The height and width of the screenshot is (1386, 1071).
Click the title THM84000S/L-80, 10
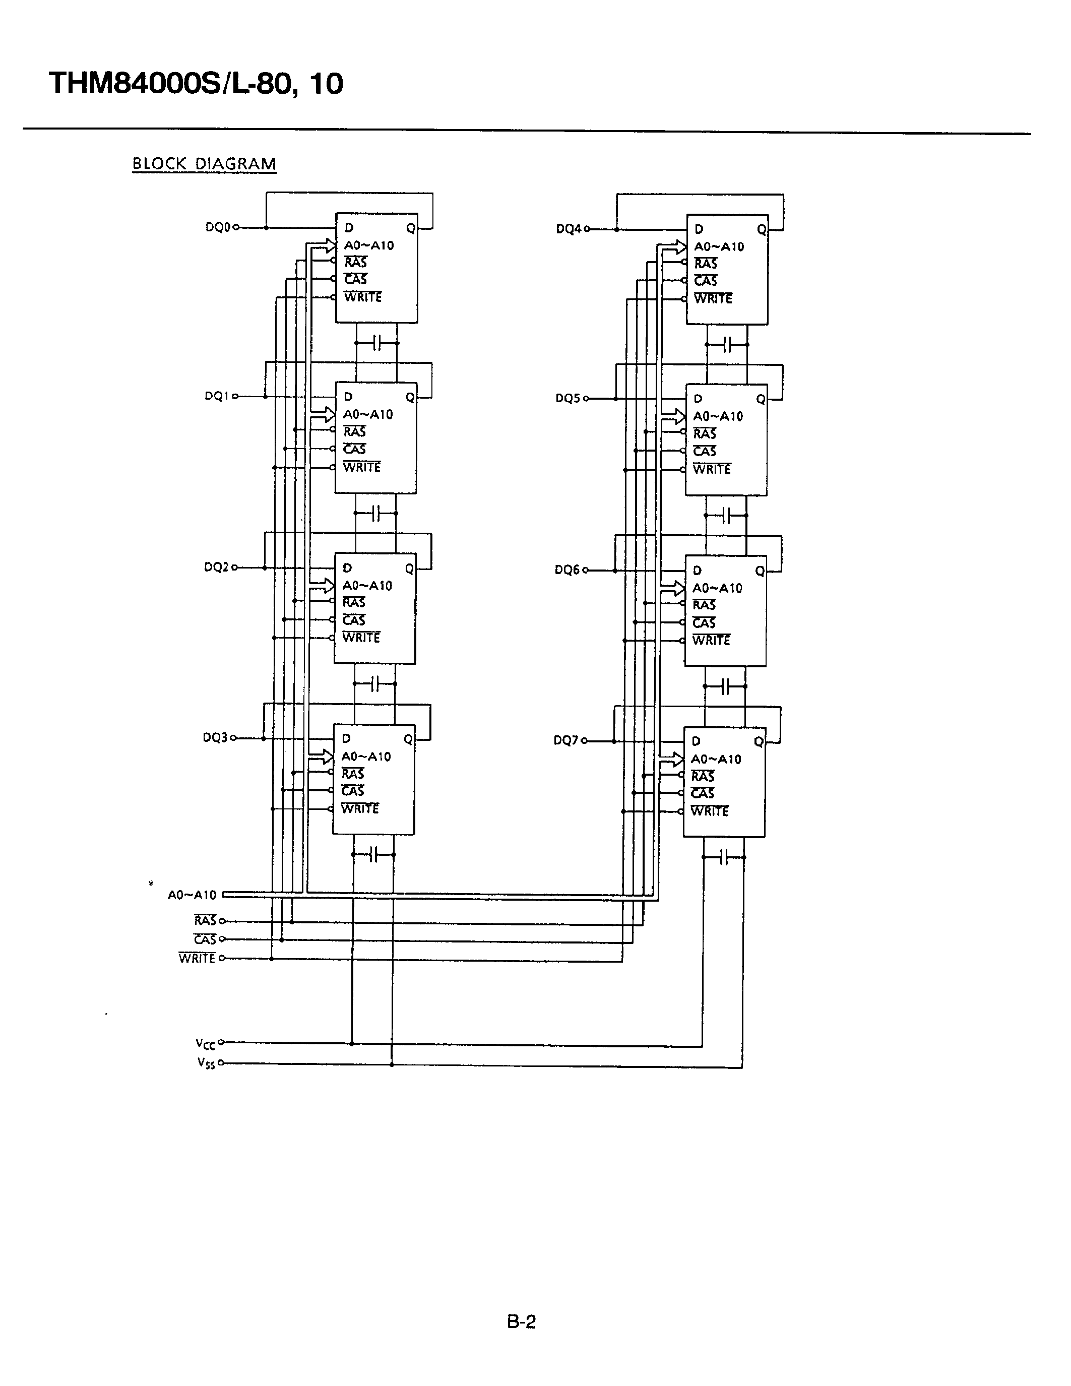click(196, 84)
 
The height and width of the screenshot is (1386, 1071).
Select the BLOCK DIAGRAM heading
click(204, 164)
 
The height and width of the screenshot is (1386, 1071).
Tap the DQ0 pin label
click(218, 227)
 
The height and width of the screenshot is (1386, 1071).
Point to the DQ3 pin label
click(215, 737)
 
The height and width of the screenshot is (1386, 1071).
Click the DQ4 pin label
click(568, 229)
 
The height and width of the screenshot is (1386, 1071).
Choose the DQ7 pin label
click(565, 740)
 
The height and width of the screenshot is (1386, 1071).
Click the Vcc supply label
click(206, 1043)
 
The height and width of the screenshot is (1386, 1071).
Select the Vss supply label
click(206, 1063)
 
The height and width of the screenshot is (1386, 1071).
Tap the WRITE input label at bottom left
click(198, 958)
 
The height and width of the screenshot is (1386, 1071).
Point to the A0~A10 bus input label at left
click(192, 895)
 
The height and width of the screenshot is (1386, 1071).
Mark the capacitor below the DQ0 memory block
click(377, 343)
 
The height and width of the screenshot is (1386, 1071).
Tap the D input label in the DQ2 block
click(347, 568)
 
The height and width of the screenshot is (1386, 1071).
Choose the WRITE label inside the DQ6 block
click(711, 640)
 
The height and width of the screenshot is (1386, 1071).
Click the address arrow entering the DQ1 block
click(326, 414)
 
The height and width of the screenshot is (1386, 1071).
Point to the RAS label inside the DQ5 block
click(704, 433)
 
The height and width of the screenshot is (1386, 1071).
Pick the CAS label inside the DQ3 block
click(353, 791)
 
